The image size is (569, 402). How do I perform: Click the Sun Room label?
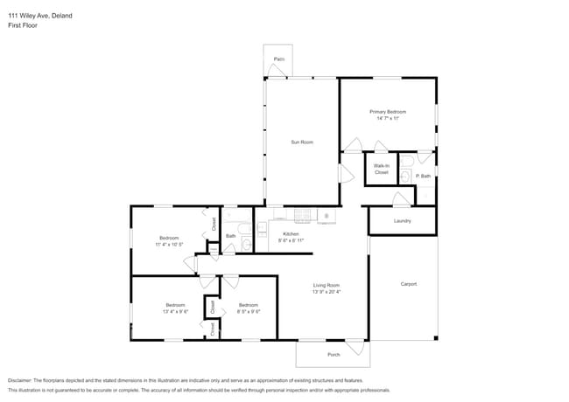tap(302, 142)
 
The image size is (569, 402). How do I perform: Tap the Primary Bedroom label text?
tap(389, 112)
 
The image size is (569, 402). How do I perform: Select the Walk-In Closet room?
tap(381, 169)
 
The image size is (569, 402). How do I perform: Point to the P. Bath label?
tap(423, 177)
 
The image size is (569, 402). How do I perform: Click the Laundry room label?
tap(402, 221)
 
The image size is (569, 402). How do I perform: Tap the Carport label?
tap(408, 284)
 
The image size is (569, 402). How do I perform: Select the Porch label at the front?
tap(334, 354)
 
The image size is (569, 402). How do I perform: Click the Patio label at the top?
tap(278, 59)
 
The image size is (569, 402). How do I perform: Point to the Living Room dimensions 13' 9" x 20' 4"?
tap(327, 293)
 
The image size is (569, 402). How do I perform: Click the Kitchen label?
tap(291, 233)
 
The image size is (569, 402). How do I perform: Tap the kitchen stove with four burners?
tap(303, 215)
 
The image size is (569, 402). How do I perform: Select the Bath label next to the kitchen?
tap(230, 235)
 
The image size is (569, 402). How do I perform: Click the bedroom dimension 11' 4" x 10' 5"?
tap(169, 246)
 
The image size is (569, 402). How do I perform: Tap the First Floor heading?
tap(23, 25)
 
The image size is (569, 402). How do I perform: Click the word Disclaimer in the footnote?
tap(23, 381)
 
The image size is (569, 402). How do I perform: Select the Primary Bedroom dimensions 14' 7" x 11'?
tap(389, 119)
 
